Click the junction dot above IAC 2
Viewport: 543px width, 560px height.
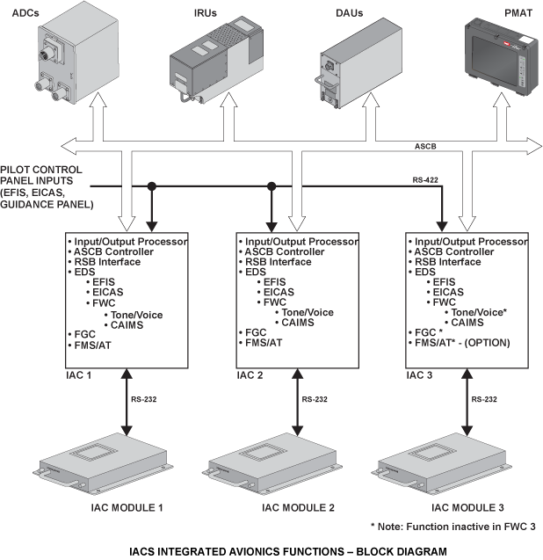272,186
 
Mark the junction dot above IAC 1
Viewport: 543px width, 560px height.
152,186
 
